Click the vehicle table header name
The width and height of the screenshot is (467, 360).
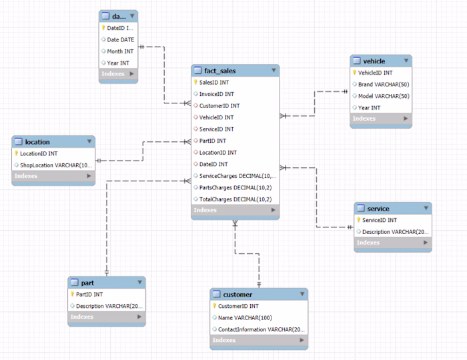tap(374, 61)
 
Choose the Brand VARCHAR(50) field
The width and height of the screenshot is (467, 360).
tap(384, 85)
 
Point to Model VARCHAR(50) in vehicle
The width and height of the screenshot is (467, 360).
tap(384, 96)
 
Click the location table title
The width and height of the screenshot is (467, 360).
tap(37, 142)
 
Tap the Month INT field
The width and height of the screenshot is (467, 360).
tap(120, 51)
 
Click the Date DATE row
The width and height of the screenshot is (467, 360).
tap(120, 39)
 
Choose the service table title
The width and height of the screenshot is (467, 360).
tap(378, 209)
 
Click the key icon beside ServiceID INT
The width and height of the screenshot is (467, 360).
tap(358, 220)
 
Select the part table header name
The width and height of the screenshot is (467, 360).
tap(87, 283)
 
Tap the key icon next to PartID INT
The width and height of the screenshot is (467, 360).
tap(72, 294)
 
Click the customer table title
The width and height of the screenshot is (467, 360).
tap(238, 295)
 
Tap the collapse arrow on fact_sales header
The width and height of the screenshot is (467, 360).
tap(274, 71)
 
